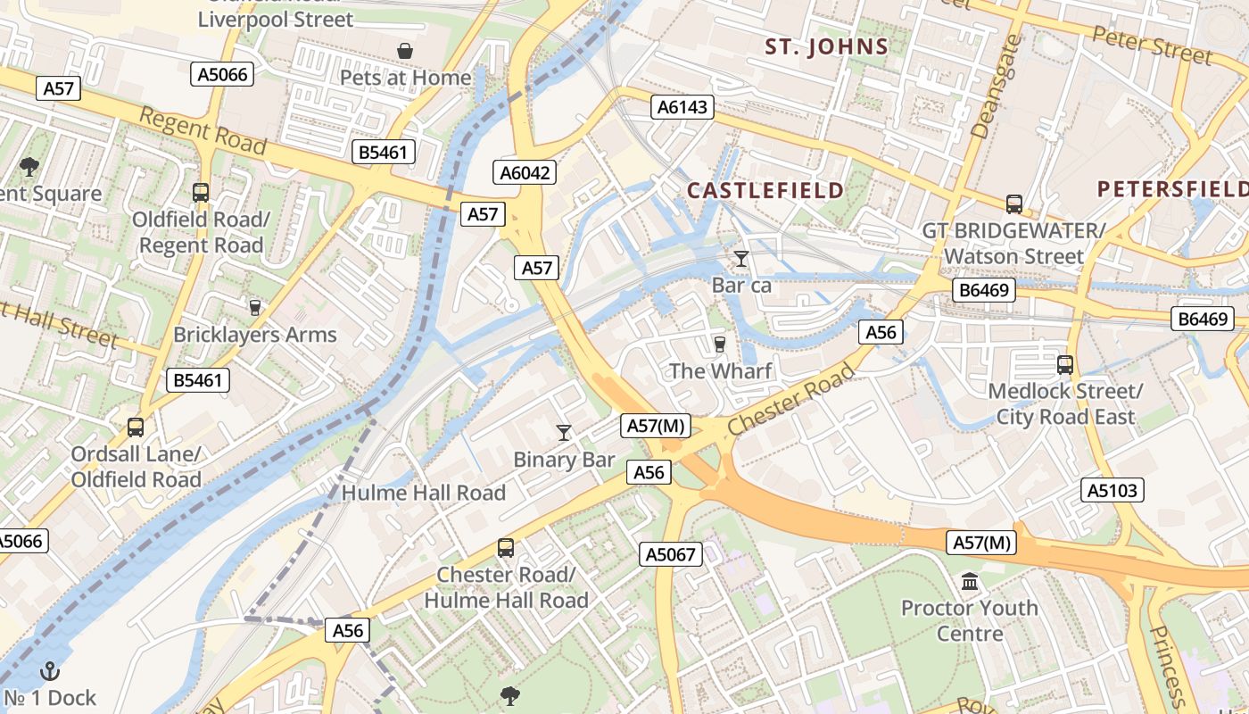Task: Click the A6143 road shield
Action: click(682, 107)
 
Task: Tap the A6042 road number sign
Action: click(525, 172)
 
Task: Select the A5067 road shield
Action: click(671, 554)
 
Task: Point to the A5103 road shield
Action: click(1113, 489)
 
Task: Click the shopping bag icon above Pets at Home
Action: click(405, 51)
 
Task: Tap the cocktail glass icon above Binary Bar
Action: click(564, 433)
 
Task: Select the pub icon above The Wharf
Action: click(720, 344)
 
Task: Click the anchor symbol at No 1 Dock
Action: click(51, 670)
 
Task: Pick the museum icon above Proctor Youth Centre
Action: click(969, 583)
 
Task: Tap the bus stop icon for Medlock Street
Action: click(1064, 364)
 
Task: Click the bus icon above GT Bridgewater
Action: click(1014, 203)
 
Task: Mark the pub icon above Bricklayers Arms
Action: click(255, 308)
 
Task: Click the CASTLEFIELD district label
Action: click(765, 190)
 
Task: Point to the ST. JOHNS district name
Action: click(826, 47)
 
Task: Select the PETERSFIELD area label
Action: click(1172, 189)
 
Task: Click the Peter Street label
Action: click(1153, 45)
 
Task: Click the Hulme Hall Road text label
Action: click(424, 493)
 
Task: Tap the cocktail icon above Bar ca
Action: click(741, 259)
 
